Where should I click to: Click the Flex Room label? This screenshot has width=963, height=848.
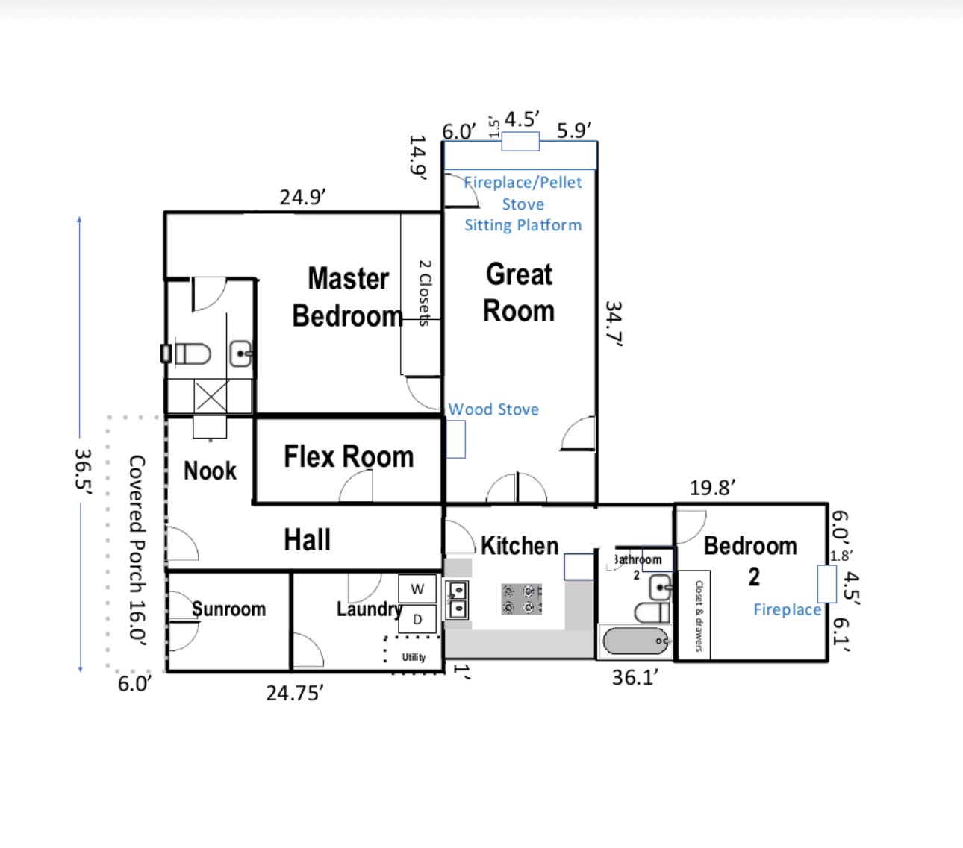(x=349, y=456)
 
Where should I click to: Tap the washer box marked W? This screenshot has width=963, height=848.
(x=417, y=588)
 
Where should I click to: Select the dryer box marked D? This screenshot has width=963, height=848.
(x=417, y=619)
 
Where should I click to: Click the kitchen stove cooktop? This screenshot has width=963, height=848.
(x=521, y=599)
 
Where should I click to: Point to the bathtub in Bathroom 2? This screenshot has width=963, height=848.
(x=636, y=641)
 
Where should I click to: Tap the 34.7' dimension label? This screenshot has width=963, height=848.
(x=614, y=324)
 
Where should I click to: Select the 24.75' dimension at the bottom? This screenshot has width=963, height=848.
(x=295, y=693)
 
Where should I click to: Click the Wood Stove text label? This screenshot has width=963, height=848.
(x=494, y=409)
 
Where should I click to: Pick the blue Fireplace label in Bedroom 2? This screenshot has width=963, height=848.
(x=787, y=609)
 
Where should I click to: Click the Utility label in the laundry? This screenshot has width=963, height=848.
(x=414, y=657)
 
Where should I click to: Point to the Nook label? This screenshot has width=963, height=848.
(x=210, y=471)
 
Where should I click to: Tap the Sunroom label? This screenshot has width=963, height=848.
(x=228, y=609)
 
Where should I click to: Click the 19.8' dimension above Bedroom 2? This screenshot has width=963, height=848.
(x=712, y=488)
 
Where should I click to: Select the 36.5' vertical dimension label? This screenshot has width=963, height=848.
(x=84, y=471)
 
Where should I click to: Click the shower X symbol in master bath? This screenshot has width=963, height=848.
(x=211, y=396)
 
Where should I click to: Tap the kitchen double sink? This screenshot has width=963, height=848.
(x=456, y=600)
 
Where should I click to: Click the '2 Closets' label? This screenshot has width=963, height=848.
(x=425, y=293)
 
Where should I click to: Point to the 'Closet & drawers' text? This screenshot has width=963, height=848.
(x=698, y=616)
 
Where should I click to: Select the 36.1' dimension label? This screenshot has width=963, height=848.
(x=635, y=677)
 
